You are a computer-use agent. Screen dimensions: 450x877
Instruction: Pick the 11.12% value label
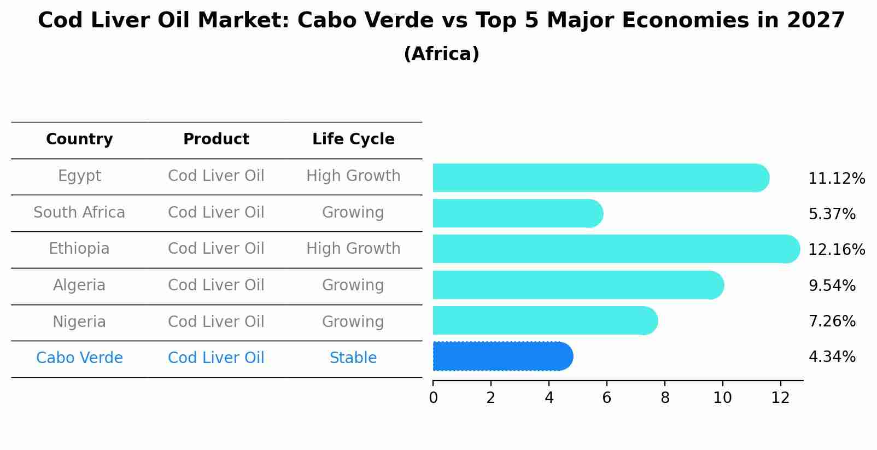point(836,179)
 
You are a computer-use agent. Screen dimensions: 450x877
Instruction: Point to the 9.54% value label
point(832,285)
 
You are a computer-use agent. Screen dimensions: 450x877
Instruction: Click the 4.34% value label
point(832,357)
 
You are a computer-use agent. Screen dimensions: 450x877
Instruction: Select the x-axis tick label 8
point(665,398)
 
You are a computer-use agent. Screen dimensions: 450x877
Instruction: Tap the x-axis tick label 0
point(433,398)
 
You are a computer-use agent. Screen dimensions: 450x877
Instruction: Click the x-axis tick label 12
point(780,398)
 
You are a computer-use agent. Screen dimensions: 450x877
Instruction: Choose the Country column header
point(79,139)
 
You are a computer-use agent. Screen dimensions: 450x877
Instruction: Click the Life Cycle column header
point(353,139)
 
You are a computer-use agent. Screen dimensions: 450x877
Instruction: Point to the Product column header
point(216,139)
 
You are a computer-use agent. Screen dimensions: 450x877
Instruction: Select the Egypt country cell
point(79,176)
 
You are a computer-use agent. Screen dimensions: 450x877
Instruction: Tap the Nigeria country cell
point(79,322)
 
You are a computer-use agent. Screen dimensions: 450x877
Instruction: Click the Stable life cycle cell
point(353,358)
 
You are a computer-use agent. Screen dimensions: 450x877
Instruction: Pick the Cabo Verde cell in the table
point(79,358)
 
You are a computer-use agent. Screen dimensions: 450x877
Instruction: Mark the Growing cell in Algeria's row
point(353,285)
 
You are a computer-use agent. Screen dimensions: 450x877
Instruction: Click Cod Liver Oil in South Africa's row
point(216,212)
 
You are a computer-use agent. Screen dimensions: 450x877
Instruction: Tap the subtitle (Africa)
point(441,54)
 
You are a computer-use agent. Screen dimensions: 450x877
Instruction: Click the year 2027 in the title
point(816,21)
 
